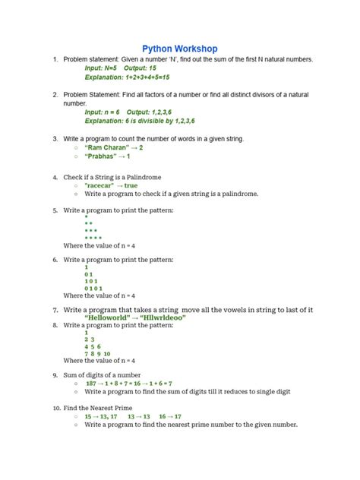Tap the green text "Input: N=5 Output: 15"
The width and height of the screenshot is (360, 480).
pyautogui.click(x=121, y=68)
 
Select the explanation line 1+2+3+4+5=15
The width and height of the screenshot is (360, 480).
pyautogui.click(x=127, y=77)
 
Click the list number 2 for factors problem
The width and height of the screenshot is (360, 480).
pyautogui.click(x=55, y=94)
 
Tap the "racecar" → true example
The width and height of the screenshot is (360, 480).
pyautogui.click(x=112, y=185)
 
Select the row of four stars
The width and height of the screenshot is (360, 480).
pyautogui.click(x=93, y=238)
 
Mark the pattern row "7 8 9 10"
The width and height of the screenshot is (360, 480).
pyautogui.click(x=98, y=353)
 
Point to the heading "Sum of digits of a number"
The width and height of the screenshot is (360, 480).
pyautogui.click(x=102, y=374)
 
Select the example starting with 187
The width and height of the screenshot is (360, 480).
pyautogui.click(x=128, y=384)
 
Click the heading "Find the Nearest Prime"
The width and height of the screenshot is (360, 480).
pyautogui.click(x=99, y=408)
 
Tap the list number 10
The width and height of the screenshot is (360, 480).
pyautogui.click(x=56, y=408)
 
